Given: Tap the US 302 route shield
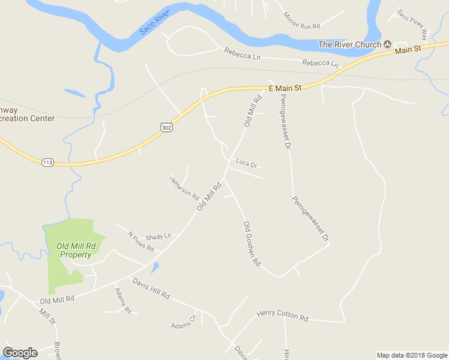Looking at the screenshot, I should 167,127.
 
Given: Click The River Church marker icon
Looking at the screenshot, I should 388,44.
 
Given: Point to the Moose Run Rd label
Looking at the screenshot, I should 303,22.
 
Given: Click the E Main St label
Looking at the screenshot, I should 285,88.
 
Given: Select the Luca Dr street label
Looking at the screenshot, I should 246,163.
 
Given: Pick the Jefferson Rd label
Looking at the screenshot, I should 184,187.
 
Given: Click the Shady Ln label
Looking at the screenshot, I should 158,236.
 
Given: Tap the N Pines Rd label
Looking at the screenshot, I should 141,242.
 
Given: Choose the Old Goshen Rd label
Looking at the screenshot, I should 252,244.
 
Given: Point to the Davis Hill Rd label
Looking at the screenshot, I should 151,289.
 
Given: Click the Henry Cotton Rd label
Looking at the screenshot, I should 282,314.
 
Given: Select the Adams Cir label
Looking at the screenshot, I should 184,322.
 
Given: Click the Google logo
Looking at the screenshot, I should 20,353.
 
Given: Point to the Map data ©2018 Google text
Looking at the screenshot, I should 412,355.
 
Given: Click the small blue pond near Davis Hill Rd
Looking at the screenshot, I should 155,268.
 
